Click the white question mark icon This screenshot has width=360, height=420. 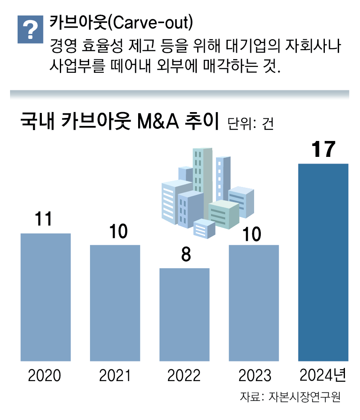coord(30,30)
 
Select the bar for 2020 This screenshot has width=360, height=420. coord(46,297)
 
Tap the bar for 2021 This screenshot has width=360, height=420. coord(115,303)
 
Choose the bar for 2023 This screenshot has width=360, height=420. coord(254,303)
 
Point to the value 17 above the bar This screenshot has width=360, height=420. coord(323,150)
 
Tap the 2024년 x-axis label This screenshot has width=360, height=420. coord(323,375)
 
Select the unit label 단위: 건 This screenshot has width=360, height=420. coord(250,124)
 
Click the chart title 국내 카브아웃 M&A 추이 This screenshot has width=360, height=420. coord(119,122)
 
